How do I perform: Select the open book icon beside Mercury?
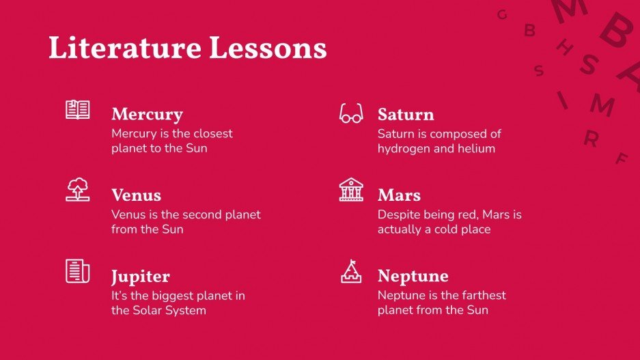pos(78,109)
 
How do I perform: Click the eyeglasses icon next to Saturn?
pos(351,113)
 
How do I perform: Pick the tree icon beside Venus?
pos(78,189)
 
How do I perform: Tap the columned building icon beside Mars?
pos(351,189)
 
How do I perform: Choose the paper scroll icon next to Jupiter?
pos(78,271)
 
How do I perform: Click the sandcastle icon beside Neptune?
pos(351,271)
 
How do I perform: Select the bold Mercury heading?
pos(147,114)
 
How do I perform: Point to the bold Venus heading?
pos(136,195)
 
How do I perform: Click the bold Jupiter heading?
pos(140,277)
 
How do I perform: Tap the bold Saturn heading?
pos(406,114)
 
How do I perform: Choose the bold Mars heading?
pos(399,195)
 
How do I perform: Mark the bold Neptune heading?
pos(413,276)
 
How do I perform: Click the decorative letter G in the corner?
pos(502,14)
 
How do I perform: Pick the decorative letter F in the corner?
pos(621,159)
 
